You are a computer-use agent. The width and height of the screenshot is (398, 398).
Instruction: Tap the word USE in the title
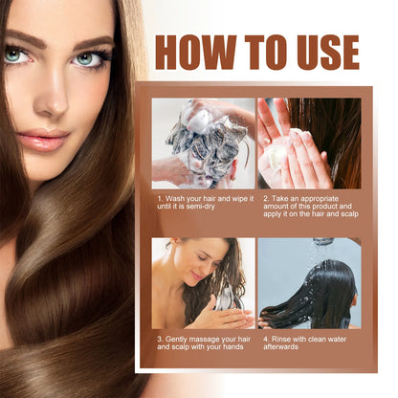321,53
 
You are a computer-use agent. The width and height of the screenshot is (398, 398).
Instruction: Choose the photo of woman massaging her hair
203,283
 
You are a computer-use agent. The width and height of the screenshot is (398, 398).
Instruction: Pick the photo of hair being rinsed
308,283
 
